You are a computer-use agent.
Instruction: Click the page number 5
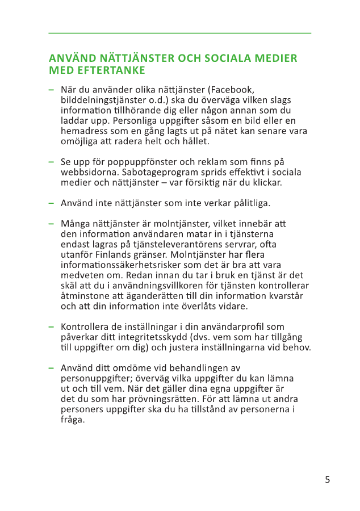327,480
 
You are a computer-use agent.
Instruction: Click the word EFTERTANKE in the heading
110,70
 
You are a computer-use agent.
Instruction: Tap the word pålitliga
248,203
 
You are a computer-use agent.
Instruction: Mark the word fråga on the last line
73,420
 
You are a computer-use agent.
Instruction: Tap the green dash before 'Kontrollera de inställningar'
52,327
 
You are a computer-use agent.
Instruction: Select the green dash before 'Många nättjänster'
52,224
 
